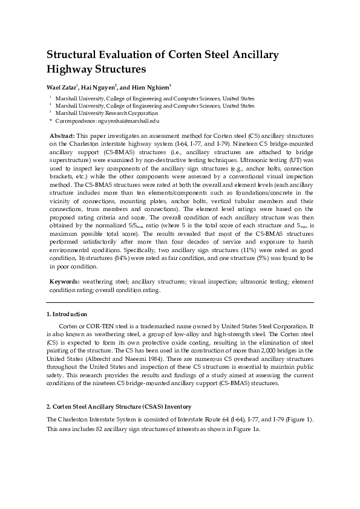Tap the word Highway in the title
pyautogui.click(x=73, y=69)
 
